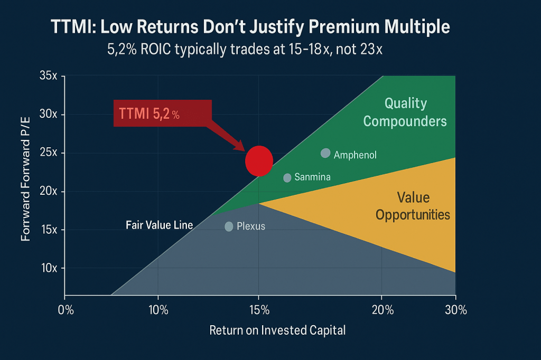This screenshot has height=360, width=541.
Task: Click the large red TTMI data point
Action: [259, 160]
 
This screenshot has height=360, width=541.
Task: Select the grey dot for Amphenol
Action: [325, 153]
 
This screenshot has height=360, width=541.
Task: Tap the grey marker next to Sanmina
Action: [287, 178]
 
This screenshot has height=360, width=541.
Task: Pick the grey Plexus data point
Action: [229, 226]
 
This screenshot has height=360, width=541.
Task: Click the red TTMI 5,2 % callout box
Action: [162, 113]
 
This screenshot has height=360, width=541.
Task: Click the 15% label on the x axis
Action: [258, 310]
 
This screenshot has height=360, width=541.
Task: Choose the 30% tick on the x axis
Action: [455, 310]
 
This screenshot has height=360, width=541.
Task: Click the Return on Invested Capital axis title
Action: [277, 330]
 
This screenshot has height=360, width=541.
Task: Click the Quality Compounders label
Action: [405, 112]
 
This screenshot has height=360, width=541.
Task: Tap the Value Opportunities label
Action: [413, 206]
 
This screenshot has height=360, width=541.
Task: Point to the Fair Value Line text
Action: [159, 225]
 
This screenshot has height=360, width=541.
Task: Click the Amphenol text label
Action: [356, 155]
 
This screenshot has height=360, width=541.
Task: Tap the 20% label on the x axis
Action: [382, 310]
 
